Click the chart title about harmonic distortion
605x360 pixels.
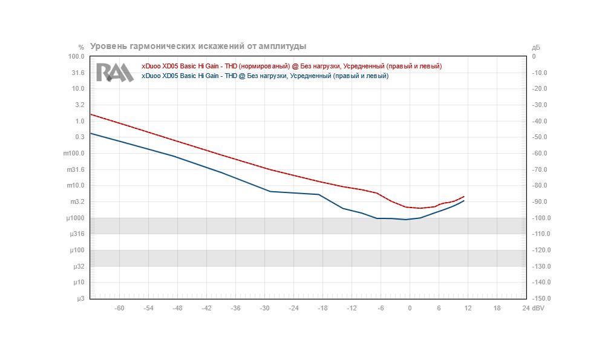pyautogui.click(x=198, y=46)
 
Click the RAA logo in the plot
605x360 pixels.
pyautogui.click(x=114, y=72)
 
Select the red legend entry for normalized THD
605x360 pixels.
pyautogui.click(x=292, y=66)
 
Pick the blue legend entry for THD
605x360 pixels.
pyautogui.click(x=265, y=76)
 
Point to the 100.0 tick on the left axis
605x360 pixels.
pyautogui.click(x=76, y=57)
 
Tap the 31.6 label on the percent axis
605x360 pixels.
pyautogui.click(x=78, y=73)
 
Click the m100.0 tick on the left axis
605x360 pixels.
pyautogui.click(x=75, y=154)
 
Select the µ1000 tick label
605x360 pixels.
pyautogui.click(x=75, y=218)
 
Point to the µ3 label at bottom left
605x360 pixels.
pyautogui.click(x=80, y=299)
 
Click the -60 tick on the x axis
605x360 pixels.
pyautogui.click(x=120, y=308)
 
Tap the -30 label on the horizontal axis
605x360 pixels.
pyautogui.click(x=264, y=308)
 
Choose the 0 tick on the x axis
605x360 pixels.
pyautogui.click(x=410, y=308)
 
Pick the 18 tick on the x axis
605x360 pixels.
pyautogui.click(x=497, y=308)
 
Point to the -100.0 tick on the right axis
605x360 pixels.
pyautogui.click(x=539, y=218)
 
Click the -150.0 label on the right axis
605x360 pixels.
pyautogui.click(x=539, y=299)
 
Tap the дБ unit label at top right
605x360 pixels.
pyautogui.click(x=535, y=47)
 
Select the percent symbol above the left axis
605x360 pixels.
pyautogui.click(x=81, y=47)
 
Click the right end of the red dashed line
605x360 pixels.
pyautogui.click(x=463, y=197)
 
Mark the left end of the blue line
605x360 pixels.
pyautogui.click(x=91, y=133)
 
